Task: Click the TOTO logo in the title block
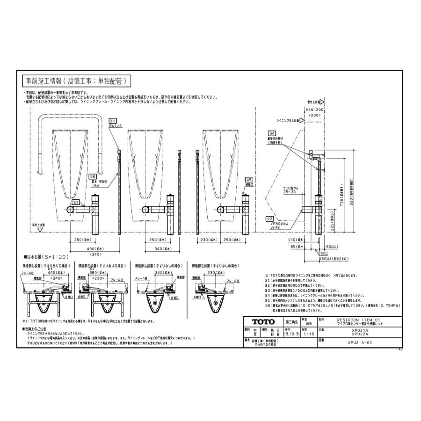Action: click(262, 322)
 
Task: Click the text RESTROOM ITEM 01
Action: click(356, 320)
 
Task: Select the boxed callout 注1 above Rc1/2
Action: click(113, 120)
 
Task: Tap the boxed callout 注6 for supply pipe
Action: click(93, 176)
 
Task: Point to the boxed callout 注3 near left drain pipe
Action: click(76, 203)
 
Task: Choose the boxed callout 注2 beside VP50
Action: click(270, 218)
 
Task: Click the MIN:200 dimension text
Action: click(314, 109)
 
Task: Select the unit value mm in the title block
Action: click(309, 323)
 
